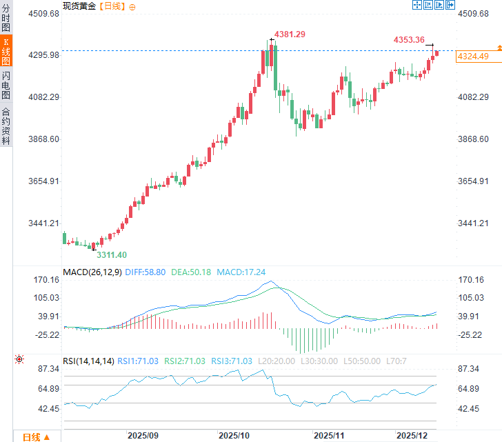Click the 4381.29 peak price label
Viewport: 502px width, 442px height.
[290, 34]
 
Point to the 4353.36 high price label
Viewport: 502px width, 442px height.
[409, 40]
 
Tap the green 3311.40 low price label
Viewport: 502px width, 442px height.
[111, 254]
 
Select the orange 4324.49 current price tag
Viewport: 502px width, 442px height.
[473, 57]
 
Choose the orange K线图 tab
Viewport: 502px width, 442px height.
[6, 52]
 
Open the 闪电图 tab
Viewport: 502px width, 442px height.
[6, 85]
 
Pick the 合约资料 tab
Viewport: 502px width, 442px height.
[6, 125]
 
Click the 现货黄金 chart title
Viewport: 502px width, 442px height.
[79, 6]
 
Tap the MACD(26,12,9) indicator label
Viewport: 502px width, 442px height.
[92, 272]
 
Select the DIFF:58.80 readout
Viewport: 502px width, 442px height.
[145, 272]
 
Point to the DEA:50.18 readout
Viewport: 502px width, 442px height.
[191, 272]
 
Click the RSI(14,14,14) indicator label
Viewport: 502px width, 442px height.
[88, 361]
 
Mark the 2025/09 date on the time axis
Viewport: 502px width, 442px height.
[143, 436]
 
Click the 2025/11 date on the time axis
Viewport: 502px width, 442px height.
[329, 436]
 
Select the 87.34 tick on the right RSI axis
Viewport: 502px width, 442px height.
[472, 370]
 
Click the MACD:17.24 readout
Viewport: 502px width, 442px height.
[241, 272]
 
